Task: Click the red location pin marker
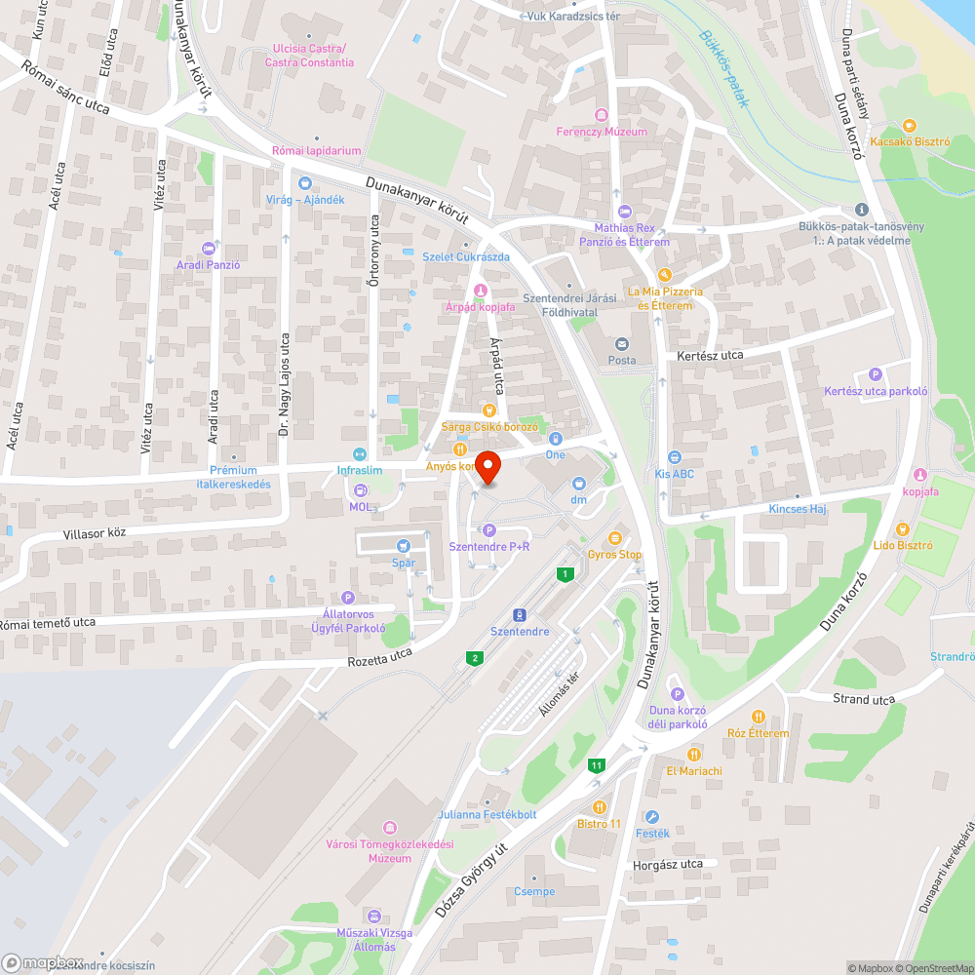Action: [487, 466]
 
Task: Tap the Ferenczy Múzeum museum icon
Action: [601, 115]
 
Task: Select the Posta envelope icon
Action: [621, 343]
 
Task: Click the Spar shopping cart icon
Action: [403, 546]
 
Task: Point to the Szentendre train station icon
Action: [520, 614]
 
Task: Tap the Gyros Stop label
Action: [614, 555]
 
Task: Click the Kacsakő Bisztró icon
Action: [910, 125]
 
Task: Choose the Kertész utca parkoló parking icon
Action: [875, 374]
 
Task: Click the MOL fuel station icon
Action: [361, 490]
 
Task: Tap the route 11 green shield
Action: [596, 766]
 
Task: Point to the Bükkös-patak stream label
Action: [722, 69]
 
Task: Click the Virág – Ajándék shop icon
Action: [305, 183]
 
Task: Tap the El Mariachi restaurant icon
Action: [694, 754]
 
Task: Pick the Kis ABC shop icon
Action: [674, 457]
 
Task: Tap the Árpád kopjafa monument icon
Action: [480, 292]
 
